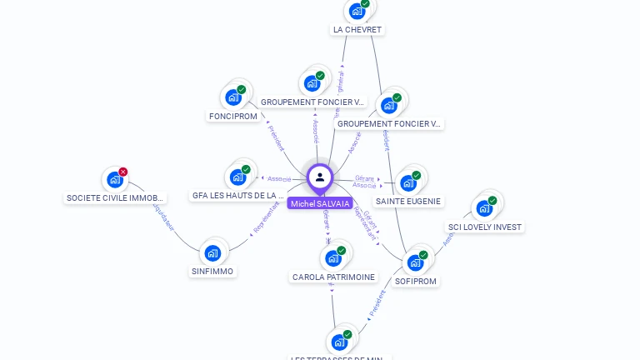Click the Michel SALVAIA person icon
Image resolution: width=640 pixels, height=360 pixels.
pyautogui.click(x=320, y=177)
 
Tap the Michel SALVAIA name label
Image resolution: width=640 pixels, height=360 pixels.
pyautogui.click(x=320, y=203)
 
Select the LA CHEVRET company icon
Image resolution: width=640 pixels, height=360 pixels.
pyautogui.click(x=357, y=12)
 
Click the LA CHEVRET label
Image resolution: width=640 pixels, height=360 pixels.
pyautogui.click(x=357, y=30)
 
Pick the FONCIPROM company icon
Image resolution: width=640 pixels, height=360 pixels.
pyautogui.click(x=233, y=97)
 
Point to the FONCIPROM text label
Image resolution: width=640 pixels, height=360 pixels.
pyautogui.click(x=233, y=117)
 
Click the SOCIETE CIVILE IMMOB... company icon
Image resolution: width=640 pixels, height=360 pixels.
pyautogui.click(x=115, y=180)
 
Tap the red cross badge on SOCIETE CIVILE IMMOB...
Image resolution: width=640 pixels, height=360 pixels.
pyautogui.click(x=123, y=172)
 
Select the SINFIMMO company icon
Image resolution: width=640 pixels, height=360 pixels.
pyautogui.click(x=212, y=252)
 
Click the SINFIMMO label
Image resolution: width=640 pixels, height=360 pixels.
pyautogui.click(x=212, y=272)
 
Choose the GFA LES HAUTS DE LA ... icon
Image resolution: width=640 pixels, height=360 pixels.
pyautogui.click(x=237, y=177)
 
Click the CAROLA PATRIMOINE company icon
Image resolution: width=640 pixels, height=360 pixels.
pyautogui.click(x=333, y=258)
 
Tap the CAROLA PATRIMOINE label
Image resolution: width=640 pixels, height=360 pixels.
pyautogui.click(x=333, y=277)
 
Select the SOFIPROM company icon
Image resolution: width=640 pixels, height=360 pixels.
pyautogui.click(x=415, y=263)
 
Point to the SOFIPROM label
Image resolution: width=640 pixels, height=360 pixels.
pyautogui.click(x=416, y=282)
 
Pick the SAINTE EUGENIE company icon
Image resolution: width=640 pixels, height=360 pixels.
pyautogui.click(x=407, y=182)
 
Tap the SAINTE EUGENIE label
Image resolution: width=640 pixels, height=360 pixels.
pyautogui.click(x=408, y=202)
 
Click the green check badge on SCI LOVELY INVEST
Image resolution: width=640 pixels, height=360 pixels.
pyautogui.click(x=492, y=200)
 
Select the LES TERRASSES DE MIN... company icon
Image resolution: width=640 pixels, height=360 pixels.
pyautogui.click(x=339, y=342)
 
